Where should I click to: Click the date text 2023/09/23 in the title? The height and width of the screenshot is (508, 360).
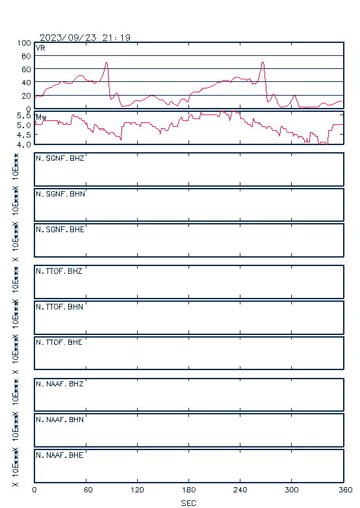[x=68, y=38]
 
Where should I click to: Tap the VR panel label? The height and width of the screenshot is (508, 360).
[x=40, y=48]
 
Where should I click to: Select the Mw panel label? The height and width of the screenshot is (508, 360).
[x=41, y=117]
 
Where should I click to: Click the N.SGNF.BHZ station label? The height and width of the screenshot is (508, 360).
[x=60, y=158]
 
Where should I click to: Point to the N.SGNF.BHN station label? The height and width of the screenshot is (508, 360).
[x=60, y=194]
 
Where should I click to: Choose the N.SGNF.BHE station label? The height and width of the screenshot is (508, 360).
[x=60, y=230]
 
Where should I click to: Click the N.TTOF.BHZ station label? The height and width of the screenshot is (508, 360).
[x=59, y=271]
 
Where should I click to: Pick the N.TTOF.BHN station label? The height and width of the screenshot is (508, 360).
[x=59, y=306]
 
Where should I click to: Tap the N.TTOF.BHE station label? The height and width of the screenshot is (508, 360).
[x=59, y=342]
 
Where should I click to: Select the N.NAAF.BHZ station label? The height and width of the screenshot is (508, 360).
[x=60, y=384]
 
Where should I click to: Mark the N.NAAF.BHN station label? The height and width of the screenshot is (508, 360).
[x=60, y=420]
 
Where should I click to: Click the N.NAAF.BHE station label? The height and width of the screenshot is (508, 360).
[x=60, y=455]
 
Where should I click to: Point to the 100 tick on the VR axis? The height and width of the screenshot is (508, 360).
[x=24, y=43]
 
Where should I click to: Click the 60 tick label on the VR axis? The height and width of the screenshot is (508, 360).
[x=26, y=70]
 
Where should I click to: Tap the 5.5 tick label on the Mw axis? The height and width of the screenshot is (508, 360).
[x=24, y=116]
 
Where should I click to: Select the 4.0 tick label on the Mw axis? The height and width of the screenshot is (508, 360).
[x=24, y=144]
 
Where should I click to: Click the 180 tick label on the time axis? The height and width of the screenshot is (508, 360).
[x=188, y=490]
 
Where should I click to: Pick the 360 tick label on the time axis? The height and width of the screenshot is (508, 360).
[x=346, y=490]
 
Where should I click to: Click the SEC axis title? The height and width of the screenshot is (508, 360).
[x=188, y=503]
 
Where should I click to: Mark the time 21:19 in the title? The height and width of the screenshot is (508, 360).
[x=116, y=38]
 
